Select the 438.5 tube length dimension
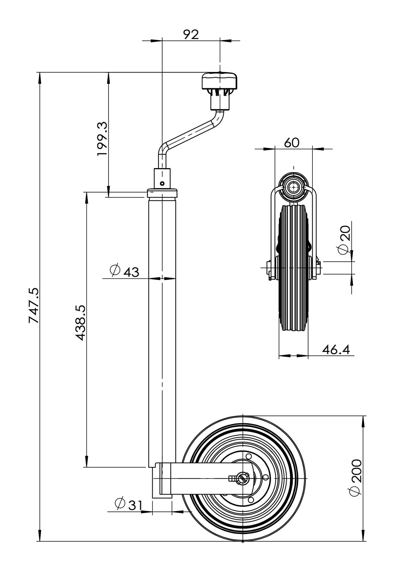[x=81, y=323]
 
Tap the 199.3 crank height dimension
[x=102, y=139]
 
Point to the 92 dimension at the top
[x=191, y=35]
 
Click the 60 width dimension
[x=291, y=143]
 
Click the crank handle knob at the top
[x=219, y=81]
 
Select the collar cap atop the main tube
[x=162, y=193]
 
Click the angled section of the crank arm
[x=191, y=134]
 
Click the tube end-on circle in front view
[x=294, y=187]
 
